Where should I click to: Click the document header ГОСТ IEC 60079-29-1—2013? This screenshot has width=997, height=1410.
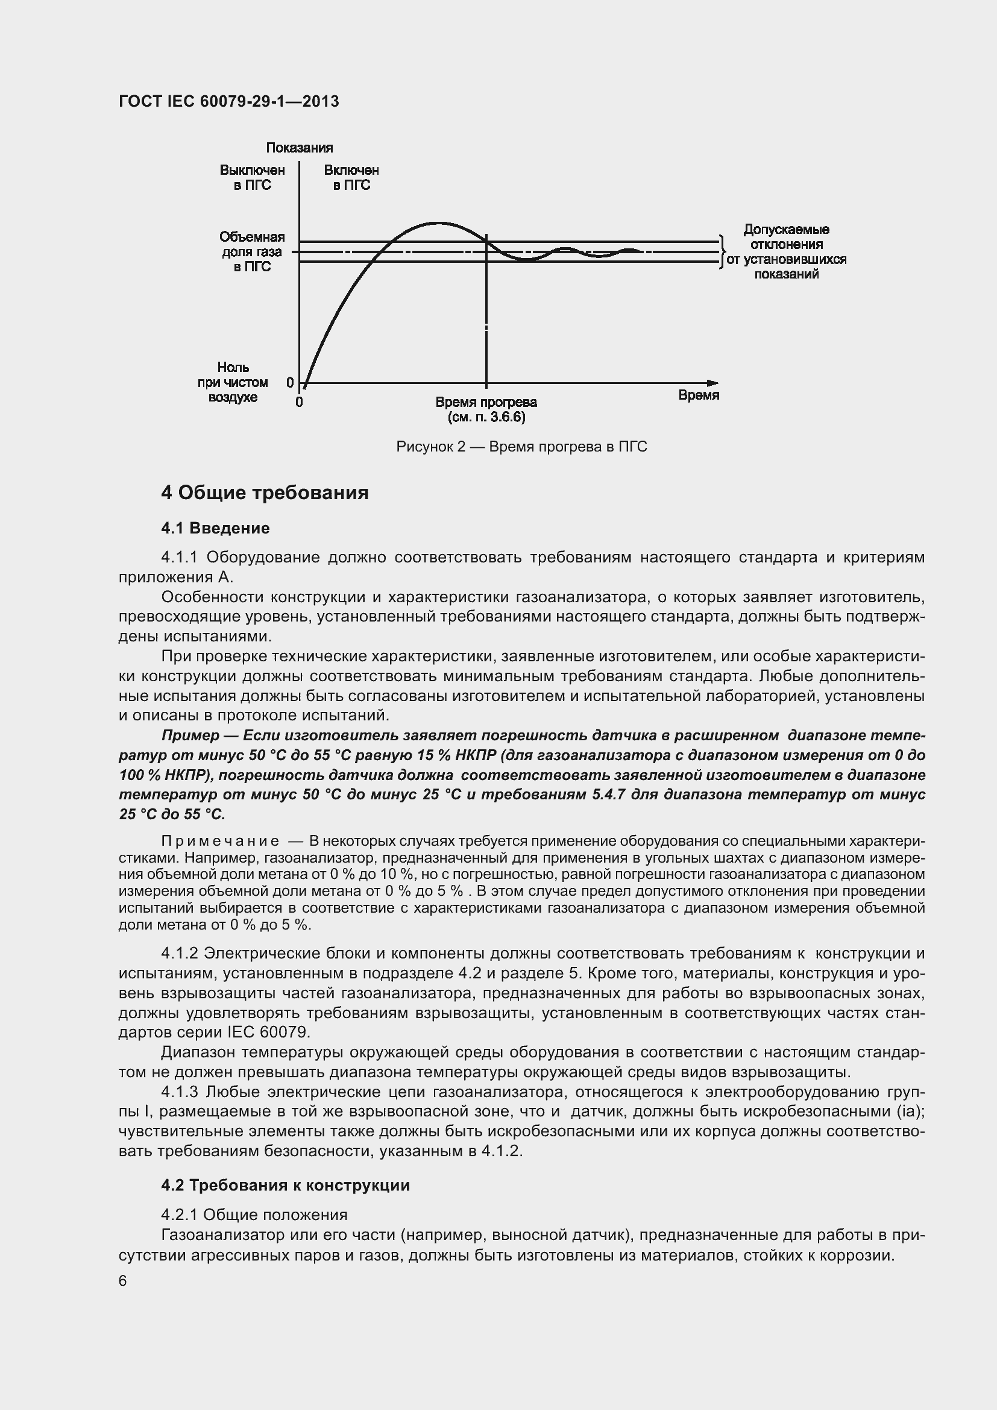coord(228,101)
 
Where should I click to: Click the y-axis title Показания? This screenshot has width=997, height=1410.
coord(299,148)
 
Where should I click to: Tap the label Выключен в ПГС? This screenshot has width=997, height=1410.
coord(253,177)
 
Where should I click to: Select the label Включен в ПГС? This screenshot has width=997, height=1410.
coord(351,177)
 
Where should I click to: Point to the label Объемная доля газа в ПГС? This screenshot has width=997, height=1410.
coord(252,252)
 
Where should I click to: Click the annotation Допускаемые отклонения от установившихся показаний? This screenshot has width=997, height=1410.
coord(786,252)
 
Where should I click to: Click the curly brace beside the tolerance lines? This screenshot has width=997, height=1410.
coord(723,252)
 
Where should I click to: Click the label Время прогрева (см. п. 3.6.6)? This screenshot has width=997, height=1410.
coord(486,409)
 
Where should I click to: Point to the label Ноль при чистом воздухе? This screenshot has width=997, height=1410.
coord(233,382)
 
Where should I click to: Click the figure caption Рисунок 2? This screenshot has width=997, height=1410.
coord(521,447)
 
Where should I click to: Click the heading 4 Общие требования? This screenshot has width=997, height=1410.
coord(265,493)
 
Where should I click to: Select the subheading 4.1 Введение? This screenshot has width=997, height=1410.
coord(215,528)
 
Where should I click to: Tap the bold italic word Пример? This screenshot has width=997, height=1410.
coord(190,735)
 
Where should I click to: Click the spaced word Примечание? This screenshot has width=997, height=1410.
coord(220,841)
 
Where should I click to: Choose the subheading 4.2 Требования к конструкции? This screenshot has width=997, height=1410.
coord(285,1185)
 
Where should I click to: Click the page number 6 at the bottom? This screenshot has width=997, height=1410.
coord(123,1281)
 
